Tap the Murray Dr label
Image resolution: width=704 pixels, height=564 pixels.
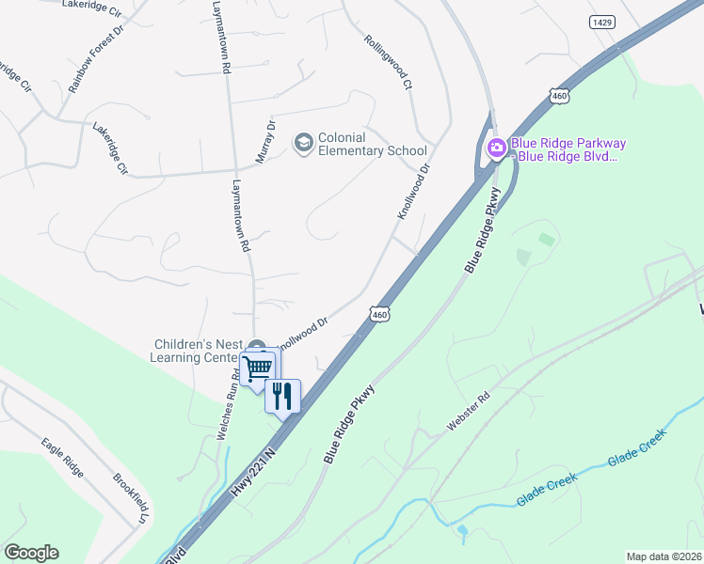click(264, 139)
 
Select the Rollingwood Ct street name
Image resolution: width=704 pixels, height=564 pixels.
click(388, 62)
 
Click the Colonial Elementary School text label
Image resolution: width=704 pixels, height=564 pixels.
click(372, 144)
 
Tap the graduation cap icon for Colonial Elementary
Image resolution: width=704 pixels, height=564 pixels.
click(303, 143)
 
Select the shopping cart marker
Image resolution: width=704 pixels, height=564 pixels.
click(257, 366)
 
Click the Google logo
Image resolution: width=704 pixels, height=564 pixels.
click(31, 553)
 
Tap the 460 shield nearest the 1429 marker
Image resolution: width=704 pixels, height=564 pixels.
click(560, 96)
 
